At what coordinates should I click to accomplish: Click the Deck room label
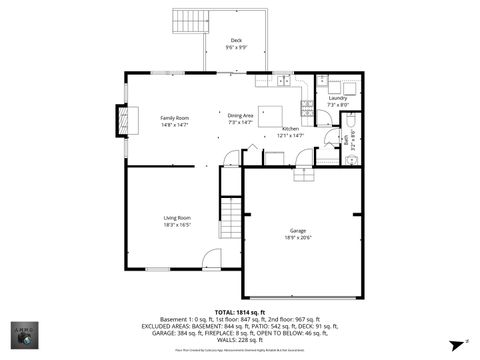tap(236, 41)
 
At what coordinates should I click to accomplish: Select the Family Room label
tap(175, 117)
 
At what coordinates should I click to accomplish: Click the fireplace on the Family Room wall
tap(124, 121)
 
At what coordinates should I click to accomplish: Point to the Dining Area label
tap(241, 117)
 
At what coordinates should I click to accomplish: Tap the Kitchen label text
tap(290, 129)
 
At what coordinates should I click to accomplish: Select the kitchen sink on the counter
tap(284, 79)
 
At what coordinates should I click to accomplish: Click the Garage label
tap(298, 230)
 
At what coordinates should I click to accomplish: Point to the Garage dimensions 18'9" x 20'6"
tap(298, 237)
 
